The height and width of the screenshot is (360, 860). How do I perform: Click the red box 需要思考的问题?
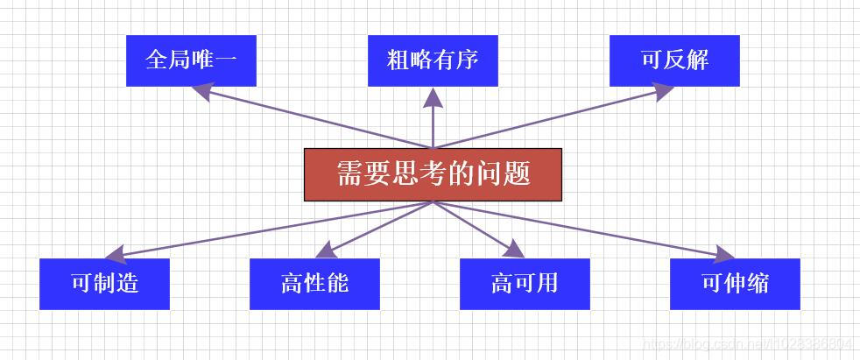tap(433, 174)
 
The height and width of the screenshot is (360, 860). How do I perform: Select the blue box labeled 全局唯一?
tap(191, 60)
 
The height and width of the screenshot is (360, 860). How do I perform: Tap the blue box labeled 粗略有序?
tap(433, 60)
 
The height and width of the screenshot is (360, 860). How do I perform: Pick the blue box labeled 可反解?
tap(674, 60)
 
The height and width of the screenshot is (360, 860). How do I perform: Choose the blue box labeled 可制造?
tap(104, 284)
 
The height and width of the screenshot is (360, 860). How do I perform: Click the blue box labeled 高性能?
tap(314, 284)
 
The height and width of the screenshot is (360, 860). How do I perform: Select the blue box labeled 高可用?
tap(525, 284)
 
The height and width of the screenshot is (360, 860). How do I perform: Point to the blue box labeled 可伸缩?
tap(735, 284)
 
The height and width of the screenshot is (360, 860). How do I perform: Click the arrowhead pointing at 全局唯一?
tap(203, 88)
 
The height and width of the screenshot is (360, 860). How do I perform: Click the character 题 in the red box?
tap(518, 173)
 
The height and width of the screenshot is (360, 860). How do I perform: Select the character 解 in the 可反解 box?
tap(697, 60)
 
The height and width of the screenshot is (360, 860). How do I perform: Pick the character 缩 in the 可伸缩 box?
tap(758, 284)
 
